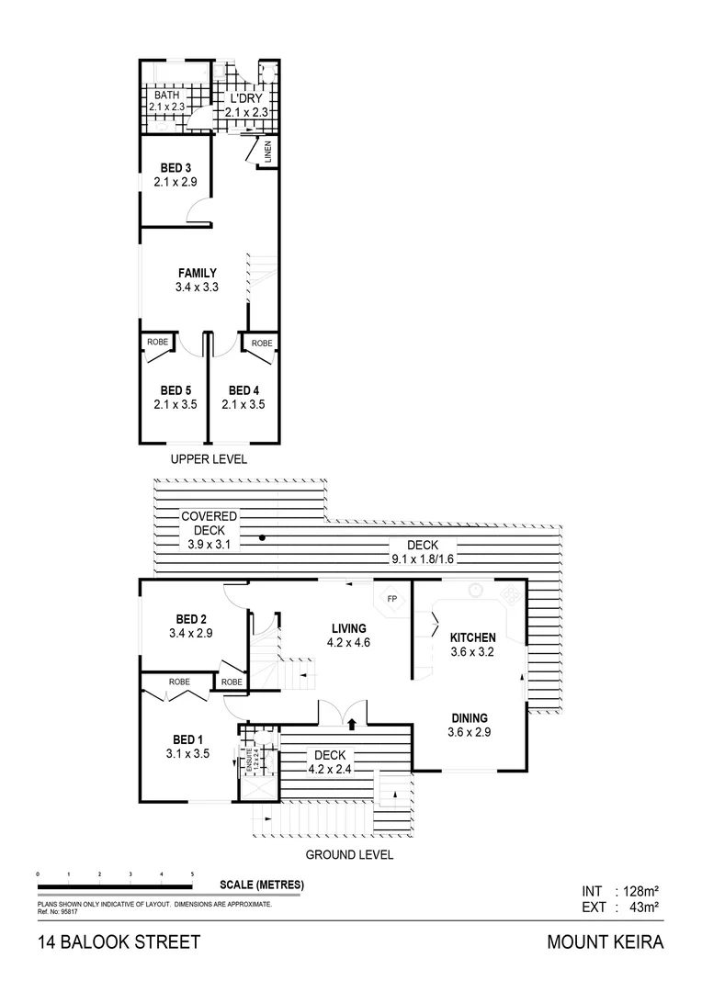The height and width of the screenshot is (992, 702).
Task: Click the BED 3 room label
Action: pyautogui.click(x=176, y=167)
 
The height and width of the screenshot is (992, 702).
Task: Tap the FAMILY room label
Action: pyautogui.click(x=197, y=273)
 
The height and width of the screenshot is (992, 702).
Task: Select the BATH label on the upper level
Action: pyautogui.click(x=166, y=95)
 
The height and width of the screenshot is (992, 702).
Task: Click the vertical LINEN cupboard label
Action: pyautogui.click(x=268, y=153)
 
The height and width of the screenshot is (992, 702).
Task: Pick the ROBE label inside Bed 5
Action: pyautogui.click(x=157, y=343)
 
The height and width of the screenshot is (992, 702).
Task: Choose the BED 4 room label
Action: pyautogui.click(x=244, y=389)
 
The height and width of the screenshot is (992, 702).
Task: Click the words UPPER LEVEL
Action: pyautogui.click(x=209, y=459)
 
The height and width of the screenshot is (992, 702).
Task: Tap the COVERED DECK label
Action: pyautogui.click(x=209, y=524)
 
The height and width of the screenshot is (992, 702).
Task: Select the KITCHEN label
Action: pyautogui.click(x=472, y=637)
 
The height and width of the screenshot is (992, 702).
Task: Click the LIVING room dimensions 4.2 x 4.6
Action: pyautogui.click(x=349, y=643)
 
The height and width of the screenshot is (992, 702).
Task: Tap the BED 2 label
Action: pyautogui.click(x=190, y=619)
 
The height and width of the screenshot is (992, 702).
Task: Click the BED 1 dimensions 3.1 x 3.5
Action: pyautogui.click(x=188, y=754)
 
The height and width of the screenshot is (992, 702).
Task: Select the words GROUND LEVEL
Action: pyautogui.click(x=349, y=854)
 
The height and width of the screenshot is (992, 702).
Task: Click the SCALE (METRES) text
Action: pyautogui.click(x=262, y=885)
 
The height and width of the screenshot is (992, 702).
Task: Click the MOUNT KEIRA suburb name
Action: pyautogui.click(x=604, y=942)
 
